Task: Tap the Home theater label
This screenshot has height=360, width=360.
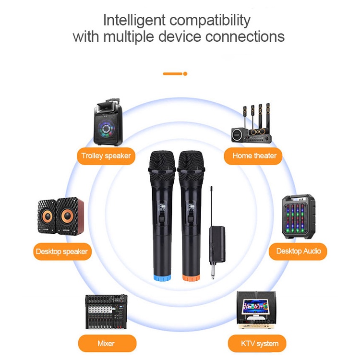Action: pyautogui.click(x=254, y=156)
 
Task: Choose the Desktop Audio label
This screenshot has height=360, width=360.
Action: pyautogui.click(x=298, y=251)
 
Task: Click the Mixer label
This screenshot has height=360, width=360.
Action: pyautogui.click(x=106, y=343)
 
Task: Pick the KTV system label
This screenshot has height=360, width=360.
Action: pyautogui.click(x=259, y=344)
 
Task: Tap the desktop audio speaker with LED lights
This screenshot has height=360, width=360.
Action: pyautogui.click(x=298, y=216)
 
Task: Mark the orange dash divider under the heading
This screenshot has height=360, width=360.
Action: pyautogui.click(x=175, y=73)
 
